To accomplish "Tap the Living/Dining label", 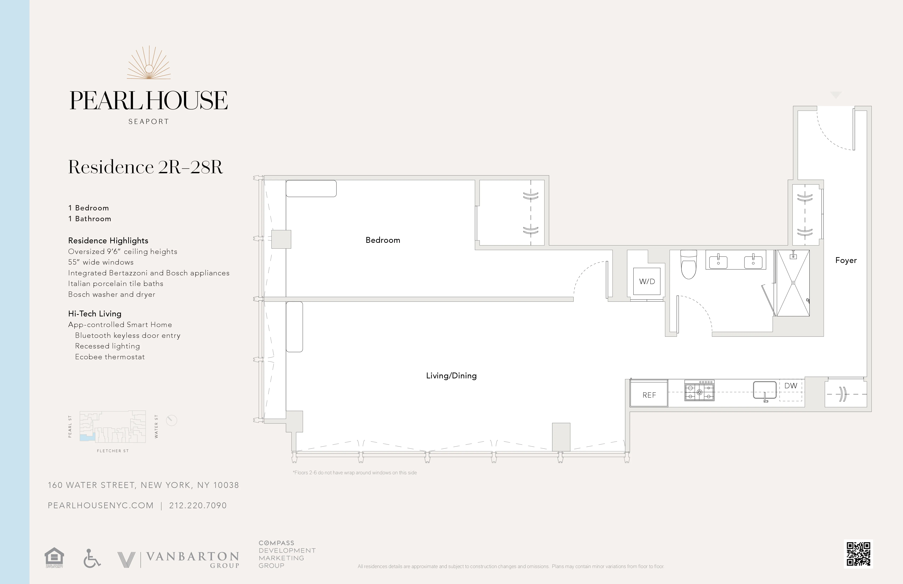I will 451,375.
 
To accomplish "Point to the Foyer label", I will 846,260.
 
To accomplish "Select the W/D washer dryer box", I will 647,281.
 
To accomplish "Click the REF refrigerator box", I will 649,395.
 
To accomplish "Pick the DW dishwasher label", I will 791,386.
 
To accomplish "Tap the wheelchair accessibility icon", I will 92,558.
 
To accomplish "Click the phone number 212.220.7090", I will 198,505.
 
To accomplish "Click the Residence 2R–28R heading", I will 145,167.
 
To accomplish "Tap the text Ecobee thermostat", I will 110,357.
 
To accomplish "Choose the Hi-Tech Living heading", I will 95,314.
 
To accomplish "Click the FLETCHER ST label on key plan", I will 113,451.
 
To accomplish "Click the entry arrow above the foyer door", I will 836,95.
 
